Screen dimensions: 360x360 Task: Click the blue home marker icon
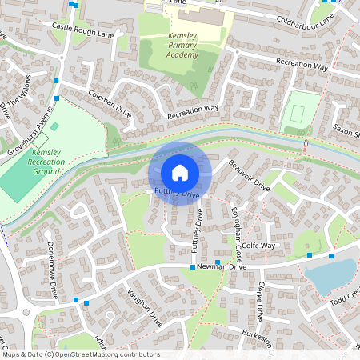click(x=180, y=172)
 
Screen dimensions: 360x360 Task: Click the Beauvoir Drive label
click(x=249, y=174)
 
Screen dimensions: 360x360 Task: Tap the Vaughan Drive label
click(x=145, y=304)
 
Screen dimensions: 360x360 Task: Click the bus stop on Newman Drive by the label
click(x=193, y=267)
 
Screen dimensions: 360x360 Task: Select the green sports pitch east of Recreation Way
click(x=298, y=113)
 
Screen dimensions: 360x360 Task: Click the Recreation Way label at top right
click(x=302, y=65)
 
